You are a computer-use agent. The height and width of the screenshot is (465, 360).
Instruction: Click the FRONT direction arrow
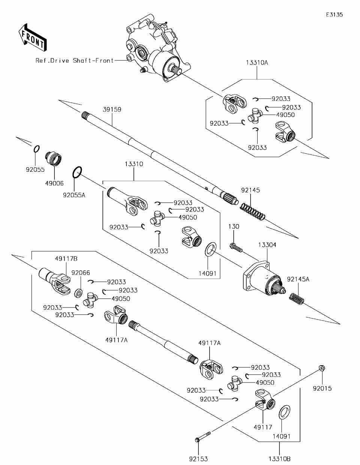pyautogui.click(x=32, y=37)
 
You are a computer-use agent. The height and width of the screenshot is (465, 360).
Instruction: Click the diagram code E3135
pyautogui.click(x=334, y=15)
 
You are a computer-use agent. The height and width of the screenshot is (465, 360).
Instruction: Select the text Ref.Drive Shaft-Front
pyautogui.click(x=75, y=60)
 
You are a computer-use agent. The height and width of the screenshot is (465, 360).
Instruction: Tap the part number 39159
pyautogui.click(x=112, y=109)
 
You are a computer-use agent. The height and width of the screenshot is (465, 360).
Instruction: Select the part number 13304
pyautogui.click(x=267, y=245)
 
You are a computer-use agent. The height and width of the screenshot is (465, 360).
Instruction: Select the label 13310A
pyautogui.click(x=257, y=63)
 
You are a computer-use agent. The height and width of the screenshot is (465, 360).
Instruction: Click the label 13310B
pyautogui.click(x=280, y=459)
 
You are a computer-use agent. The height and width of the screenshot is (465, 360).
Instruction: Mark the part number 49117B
pyautogui.click(x=66, y=259)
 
